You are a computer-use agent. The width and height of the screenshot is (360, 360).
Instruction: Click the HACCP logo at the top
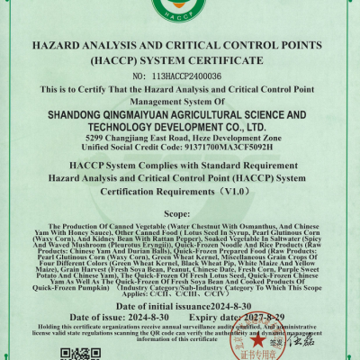coord(179,11)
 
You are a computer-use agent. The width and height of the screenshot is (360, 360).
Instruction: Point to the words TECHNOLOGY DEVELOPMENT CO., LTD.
coord(180,130)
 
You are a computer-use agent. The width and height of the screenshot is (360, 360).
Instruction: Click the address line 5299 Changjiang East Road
coord(180,141)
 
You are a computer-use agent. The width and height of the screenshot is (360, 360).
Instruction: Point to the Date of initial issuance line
coord(180,306)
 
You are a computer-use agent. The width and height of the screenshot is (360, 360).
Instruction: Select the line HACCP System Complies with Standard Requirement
coord(180,167)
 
